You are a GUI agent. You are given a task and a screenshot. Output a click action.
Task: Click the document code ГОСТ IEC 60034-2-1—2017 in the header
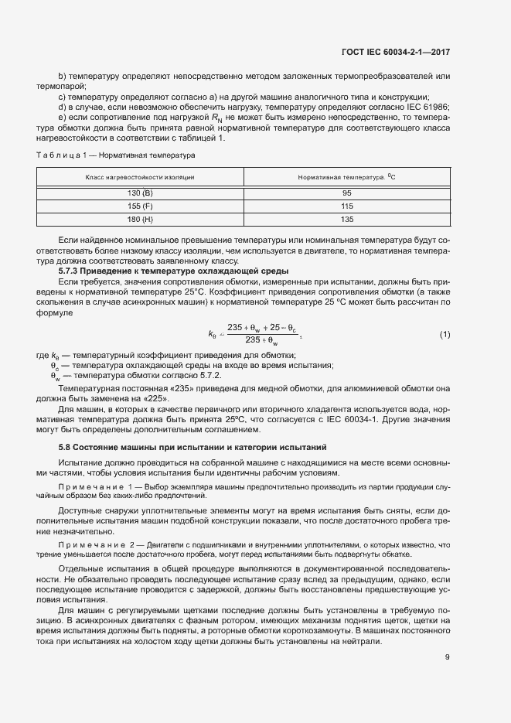395,52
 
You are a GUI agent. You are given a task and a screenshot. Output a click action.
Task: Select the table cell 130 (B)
140,192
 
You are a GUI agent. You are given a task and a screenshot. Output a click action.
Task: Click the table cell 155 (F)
140,206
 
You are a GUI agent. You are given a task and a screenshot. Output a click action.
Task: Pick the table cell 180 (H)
140,220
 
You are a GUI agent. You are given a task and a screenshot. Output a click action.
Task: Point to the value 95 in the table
346,192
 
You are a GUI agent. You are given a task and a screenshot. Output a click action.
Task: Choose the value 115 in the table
346,206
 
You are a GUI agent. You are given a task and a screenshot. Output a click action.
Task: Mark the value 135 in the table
346,220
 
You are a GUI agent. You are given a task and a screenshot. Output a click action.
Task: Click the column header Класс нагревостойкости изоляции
140,177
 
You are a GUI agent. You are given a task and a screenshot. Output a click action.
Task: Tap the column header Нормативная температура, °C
346,177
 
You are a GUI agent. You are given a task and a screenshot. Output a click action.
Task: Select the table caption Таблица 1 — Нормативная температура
115,155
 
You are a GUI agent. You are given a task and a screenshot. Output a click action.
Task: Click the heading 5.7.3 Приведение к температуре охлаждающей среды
162,271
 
